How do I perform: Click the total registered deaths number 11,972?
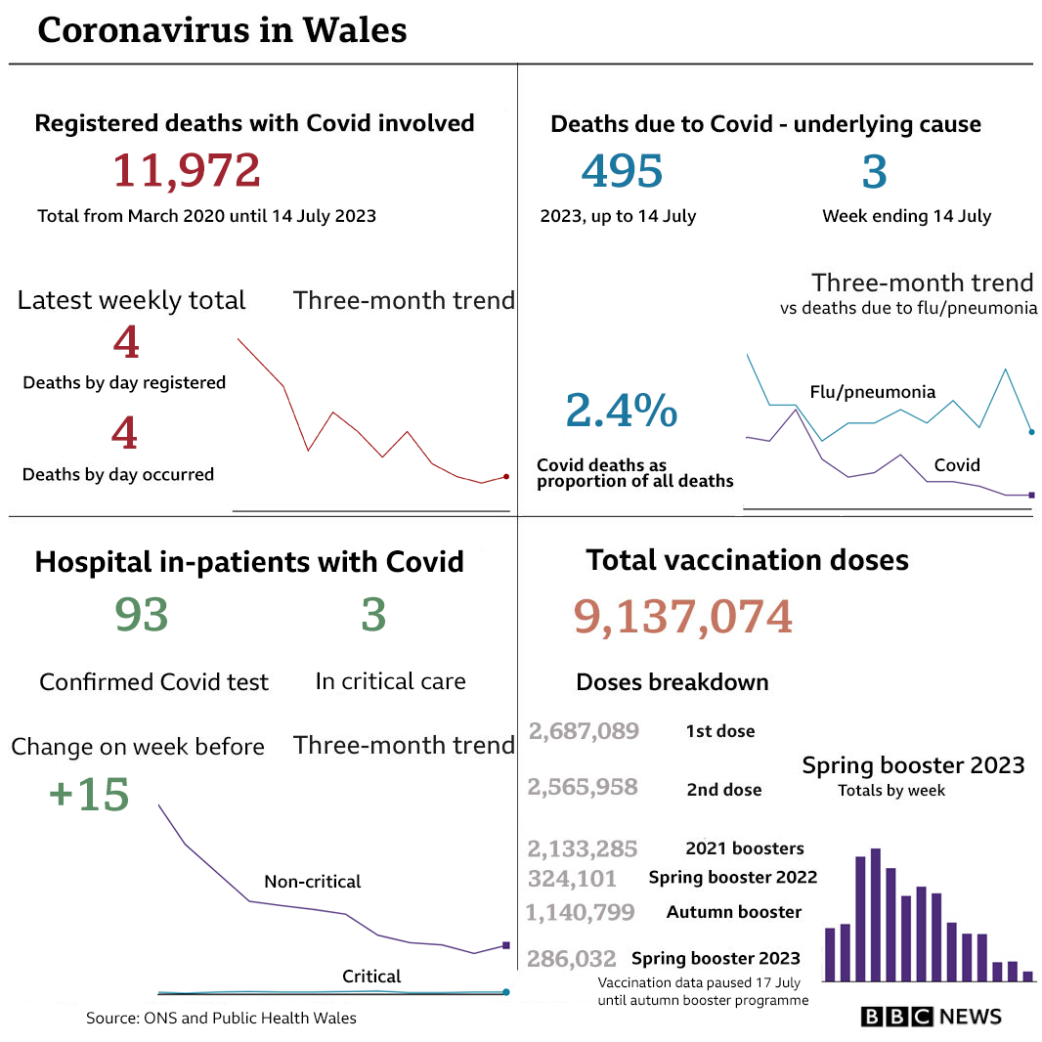click(187, 170)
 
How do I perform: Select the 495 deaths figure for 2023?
click(622, 171)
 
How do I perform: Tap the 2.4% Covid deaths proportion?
click(621, 412)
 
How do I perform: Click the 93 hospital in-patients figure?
click(142, 615)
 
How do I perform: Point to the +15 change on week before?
click(89, 795)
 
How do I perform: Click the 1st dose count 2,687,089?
click(584, 731)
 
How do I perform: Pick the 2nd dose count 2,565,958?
click(583, 788)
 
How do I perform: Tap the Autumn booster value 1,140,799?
click(581, 913)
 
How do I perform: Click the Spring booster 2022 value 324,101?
click(572, 878)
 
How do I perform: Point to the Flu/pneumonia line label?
click(872, 392)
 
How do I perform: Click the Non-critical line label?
click(312, 882)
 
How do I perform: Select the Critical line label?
click(371, 977)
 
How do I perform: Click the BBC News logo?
click(931, 1017)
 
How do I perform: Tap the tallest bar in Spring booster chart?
click(876, 914)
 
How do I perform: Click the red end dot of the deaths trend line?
click(505, 476)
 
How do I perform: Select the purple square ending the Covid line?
click(1031, 495)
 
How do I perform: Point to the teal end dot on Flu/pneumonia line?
click(1031, 431)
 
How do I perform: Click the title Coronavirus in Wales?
click(222, 30)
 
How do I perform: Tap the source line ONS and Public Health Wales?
click(221, 1019)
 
